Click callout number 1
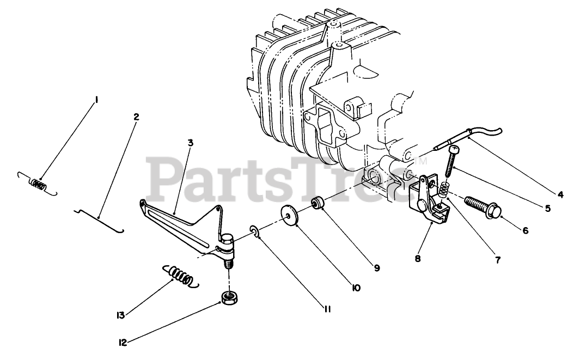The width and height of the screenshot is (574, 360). point(96,100)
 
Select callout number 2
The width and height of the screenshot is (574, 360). point(136,116)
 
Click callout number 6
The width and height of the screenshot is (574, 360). point(525,230)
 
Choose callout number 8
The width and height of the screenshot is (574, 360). point(418,259)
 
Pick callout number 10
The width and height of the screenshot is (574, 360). point(356,288)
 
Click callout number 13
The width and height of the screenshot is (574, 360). point(121,315)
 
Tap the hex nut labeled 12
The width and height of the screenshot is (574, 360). point(228,297)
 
